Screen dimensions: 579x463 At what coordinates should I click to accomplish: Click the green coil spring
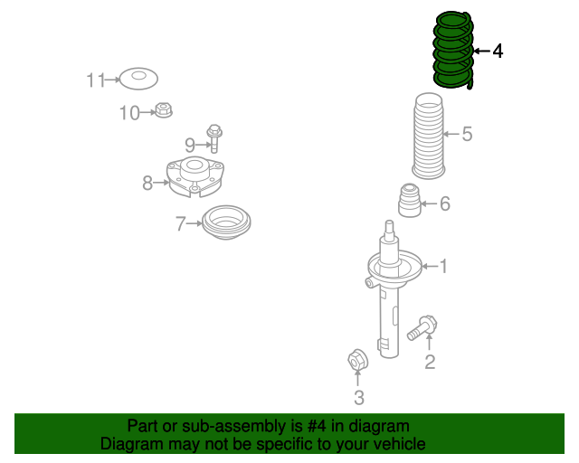pyautogui.click(x=452, y=51)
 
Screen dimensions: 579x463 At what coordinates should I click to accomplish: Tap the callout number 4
pyautogui.click(x=498, y=51)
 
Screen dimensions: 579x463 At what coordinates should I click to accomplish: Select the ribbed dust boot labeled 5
pyautogui.click(x=428, y=136)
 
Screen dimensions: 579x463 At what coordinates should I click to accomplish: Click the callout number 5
pyautogui.click(x=467, y=134)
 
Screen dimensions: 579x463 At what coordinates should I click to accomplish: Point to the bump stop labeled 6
pyautogui.click(x=410, y=201)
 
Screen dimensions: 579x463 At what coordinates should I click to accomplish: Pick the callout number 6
pyautogui.click(x=445, y=203)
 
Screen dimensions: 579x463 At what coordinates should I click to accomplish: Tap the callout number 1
pyautogui.click(x=443, y=266)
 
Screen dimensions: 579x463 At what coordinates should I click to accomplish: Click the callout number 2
pyautogui.click(x=430, y=362)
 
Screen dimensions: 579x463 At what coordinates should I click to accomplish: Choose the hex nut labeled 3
pyautogui.click(x=357, y=359)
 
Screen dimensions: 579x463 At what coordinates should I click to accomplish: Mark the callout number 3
pyautogui.click(x=359, y=398)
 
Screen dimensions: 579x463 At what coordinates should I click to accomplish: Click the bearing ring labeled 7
pyautogui.click(x=226, y=222)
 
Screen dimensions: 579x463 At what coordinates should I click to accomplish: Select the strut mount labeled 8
pyautogui.click(x=195, y=177)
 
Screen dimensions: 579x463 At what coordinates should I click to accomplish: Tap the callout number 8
pyautogui.click(x=147, y=183)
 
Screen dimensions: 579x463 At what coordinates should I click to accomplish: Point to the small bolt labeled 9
pyautogui.click(x=214, y=138)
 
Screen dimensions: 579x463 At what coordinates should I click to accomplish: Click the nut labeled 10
pyautogui.click(x=163, y=110)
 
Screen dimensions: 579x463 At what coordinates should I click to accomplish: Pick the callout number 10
pyautogui.click(x=129, y=113)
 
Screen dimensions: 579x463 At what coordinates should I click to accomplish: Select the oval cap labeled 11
pyautogui.click(x=138, y=79)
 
